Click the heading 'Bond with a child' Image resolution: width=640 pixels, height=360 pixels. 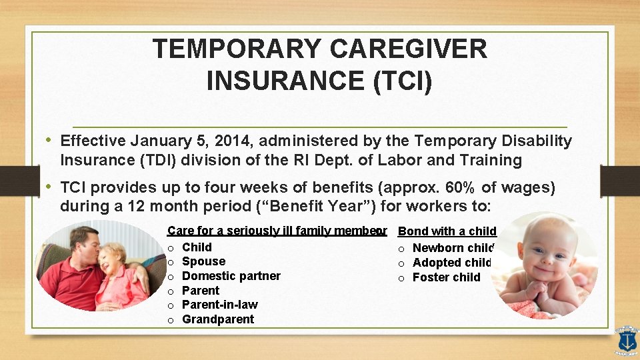pos(447,231)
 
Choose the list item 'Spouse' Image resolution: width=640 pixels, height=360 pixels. pos(203,261)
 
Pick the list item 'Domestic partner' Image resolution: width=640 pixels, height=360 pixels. pos(231,276)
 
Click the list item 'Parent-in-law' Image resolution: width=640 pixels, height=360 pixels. pos(219,305)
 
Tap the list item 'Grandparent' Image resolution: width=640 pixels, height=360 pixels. pos(217,319)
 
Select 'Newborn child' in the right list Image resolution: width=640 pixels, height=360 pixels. pos(453,248)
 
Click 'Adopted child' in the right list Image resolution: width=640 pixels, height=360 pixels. pos(451,263)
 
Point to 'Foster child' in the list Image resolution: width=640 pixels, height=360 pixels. pos(446,277)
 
